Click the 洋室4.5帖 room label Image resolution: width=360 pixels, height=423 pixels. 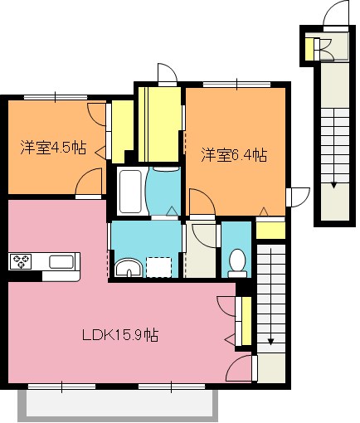[x=53, y=148]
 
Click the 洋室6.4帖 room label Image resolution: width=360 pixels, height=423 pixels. [x=234, y=155]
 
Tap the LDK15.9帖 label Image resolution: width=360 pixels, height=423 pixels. [x=120, y=335]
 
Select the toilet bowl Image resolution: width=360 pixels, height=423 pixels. [x=237, y=263]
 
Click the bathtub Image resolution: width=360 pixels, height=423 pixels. [x=131, y=191]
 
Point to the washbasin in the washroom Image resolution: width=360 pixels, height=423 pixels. [x=129, y=268]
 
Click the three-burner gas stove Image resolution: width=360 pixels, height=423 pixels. [x=21, y=261]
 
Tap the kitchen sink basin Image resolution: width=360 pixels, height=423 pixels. [x=61, y=261]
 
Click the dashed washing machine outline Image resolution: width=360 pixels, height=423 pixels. [x=158, y=267]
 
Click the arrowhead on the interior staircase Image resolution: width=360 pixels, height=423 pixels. [x=270, y=341]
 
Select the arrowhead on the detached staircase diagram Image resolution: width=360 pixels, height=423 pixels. [x=334, y=185]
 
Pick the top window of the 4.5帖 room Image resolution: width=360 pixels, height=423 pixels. [x=56, y=97]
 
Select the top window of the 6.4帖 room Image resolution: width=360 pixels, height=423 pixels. [x=236, y=85]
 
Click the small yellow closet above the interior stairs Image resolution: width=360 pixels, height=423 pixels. [x=270, y=231]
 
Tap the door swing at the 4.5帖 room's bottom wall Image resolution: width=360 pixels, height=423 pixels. [x=89, y=182]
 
